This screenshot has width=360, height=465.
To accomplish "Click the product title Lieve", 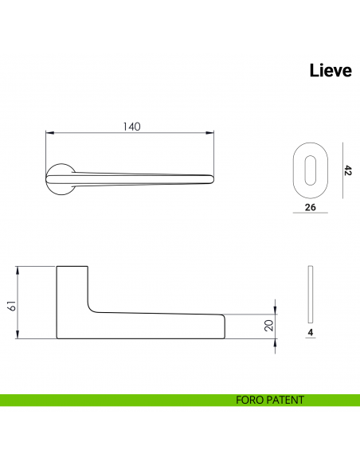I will [x=330, y=71].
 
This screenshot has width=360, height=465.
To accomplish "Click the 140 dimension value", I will [x=131, y=127].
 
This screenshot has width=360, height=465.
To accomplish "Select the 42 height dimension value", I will [x=347, y=170].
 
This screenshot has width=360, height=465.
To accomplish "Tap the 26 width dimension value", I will [x=311, y=208].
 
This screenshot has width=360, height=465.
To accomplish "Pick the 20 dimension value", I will [x=268, y=325].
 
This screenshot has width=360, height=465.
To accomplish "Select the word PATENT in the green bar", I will [x=288, y=400].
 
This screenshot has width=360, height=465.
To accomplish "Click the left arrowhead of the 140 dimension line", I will [x=48, y=133].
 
